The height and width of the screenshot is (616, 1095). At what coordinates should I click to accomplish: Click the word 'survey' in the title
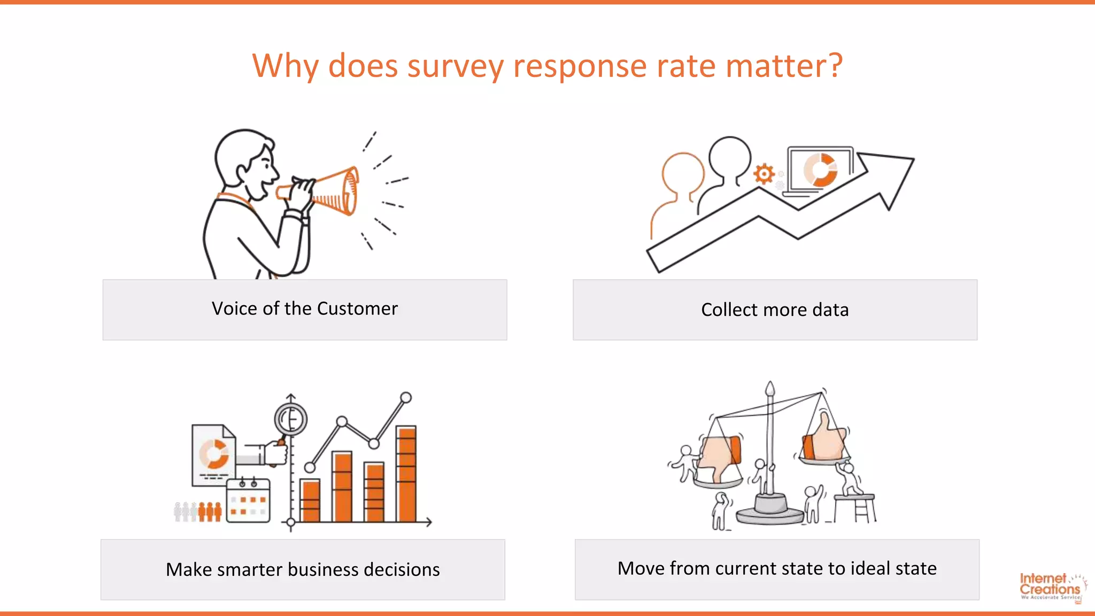click(x=454, y=67)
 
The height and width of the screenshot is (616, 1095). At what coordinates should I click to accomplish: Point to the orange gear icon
click(x=764, y=174)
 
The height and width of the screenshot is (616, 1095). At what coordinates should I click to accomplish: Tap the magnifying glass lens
click(x=291, y=419)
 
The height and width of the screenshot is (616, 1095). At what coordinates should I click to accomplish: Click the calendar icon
click(x=248, y=502)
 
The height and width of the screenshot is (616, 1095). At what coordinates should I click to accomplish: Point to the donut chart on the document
click(x=214, y=453)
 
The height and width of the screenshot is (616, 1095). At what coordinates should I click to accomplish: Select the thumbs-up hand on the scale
click(x=824, y=440)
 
